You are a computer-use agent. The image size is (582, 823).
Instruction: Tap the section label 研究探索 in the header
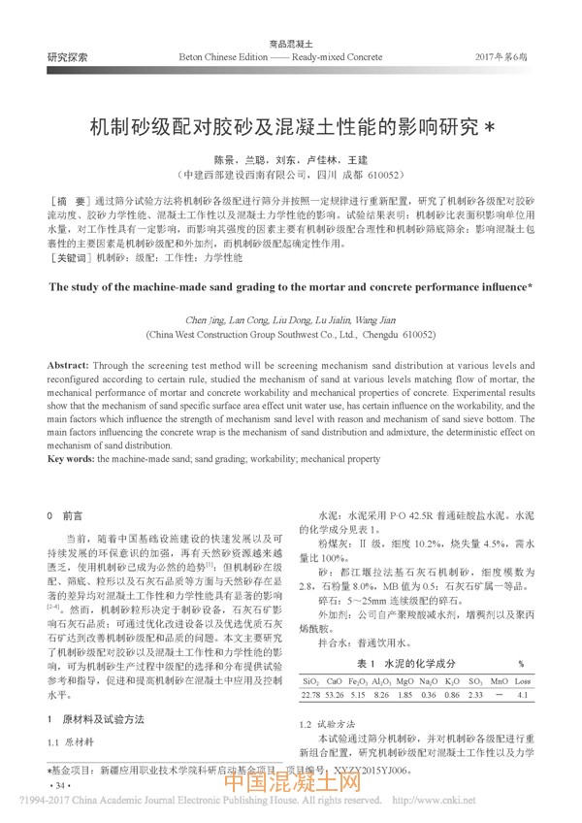(67, 58)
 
